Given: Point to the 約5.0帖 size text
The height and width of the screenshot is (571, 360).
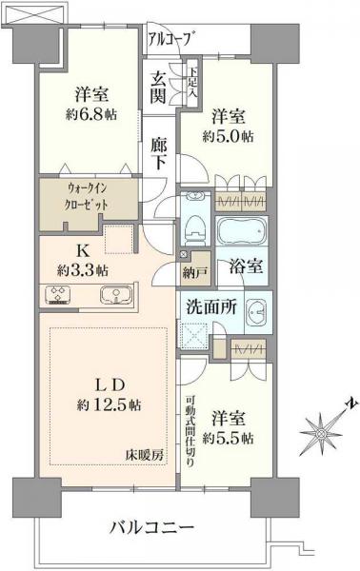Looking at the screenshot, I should pyautogui.click(x=228, y=136).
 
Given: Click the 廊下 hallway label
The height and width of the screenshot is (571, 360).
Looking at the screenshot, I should pyautogui.click(x=159, y=152).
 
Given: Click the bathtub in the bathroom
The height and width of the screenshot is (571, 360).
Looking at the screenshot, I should pyautogui.click(x=243, y=233).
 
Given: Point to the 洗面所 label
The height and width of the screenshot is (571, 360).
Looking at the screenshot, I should pyautogui.click(x=207, y=308).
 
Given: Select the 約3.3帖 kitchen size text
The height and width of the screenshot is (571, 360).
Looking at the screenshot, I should pyautogui.click(x=80, y=270).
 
